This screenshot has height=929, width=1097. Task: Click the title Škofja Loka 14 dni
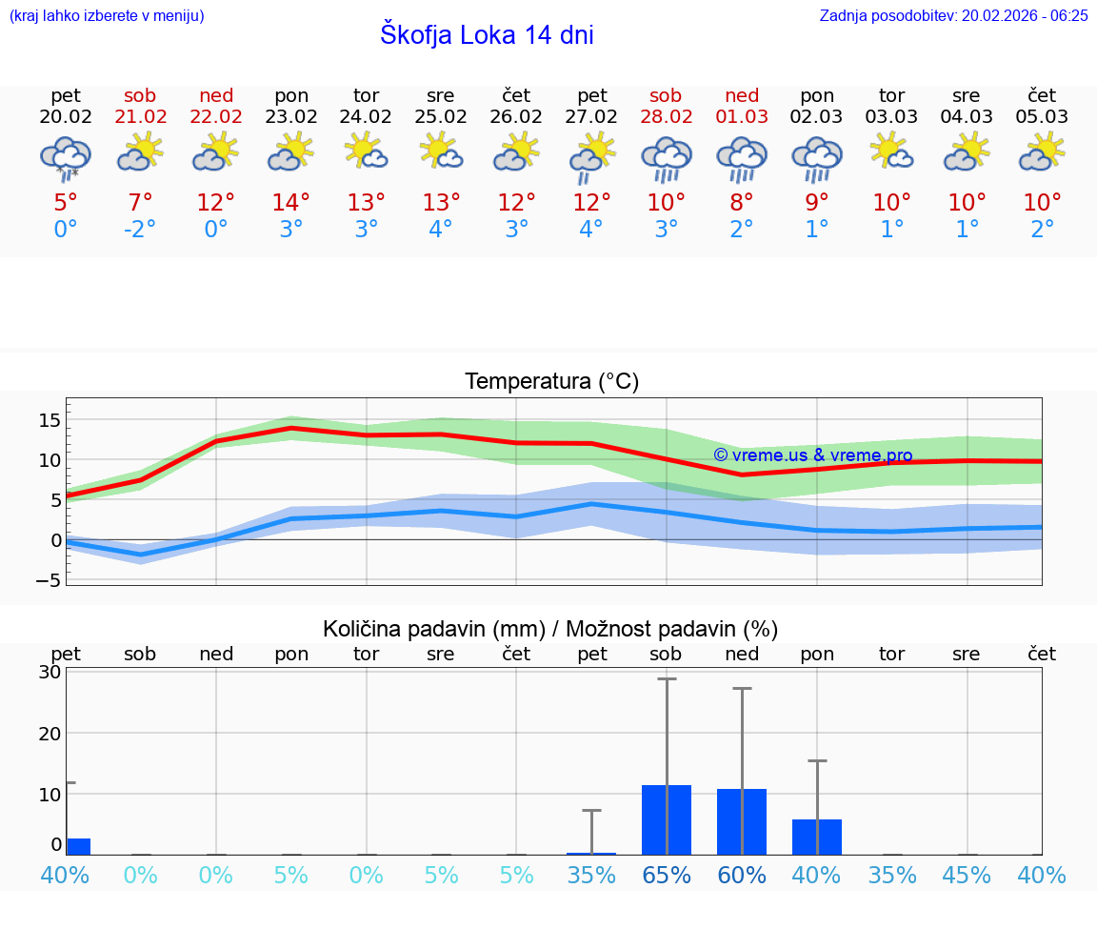487,35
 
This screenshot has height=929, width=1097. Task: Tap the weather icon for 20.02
66,157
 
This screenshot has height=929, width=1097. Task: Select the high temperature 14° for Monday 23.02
290,202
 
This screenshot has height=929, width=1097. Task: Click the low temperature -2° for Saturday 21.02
140,230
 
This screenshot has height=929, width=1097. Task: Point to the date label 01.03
742,117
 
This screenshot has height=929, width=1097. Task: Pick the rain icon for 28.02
666,158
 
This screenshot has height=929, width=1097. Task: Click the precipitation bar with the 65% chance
667,819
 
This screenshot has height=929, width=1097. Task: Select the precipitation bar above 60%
742,821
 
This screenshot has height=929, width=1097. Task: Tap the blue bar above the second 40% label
817,837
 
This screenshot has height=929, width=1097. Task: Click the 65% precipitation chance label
667,875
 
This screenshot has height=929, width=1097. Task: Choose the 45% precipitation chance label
967,875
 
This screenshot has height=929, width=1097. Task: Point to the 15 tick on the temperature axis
50,420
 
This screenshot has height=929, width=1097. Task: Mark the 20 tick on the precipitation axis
50,733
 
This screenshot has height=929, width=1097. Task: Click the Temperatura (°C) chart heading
551,382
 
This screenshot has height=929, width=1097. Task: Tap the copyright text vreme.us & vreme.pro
812,455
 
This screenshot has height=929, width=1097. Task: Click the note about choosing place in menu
107,16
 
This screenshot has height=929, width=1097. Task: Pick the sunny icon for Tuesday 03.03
892,152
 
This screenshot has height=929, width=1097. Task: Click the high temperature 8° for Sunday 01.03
742,202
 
